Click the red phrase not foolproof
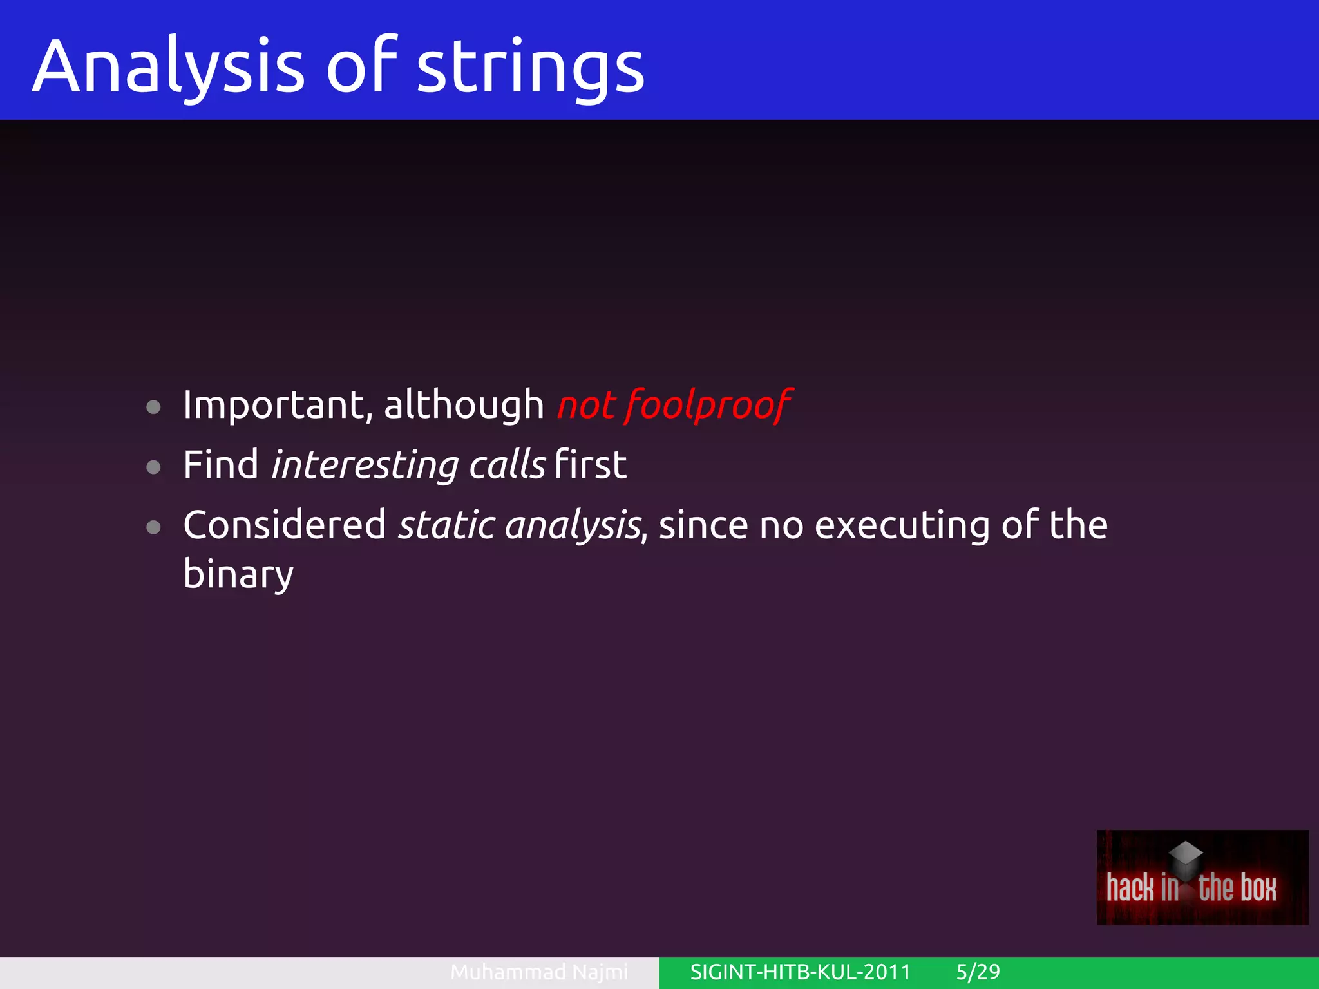point(674,405)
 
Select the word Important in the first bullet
point(274,405)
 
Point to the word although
point(464,405)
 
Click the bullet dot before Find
point(153,467)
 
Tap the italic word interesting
point(365,465)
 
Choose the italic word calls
point(507,465)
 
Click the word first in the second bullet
point(590,465)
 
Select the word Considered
point(284,525)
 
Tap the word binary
point(238,574)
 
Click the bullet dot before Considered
point(153,527)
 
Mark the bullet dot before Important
point(153,407)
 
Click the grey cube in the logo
point(1186,858)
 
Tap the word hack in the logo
point(1130,888)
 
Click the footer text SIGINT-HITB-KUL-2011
point(800,972)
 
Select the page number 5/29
point(978,972)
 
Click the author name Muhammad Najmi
point(538,972)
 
